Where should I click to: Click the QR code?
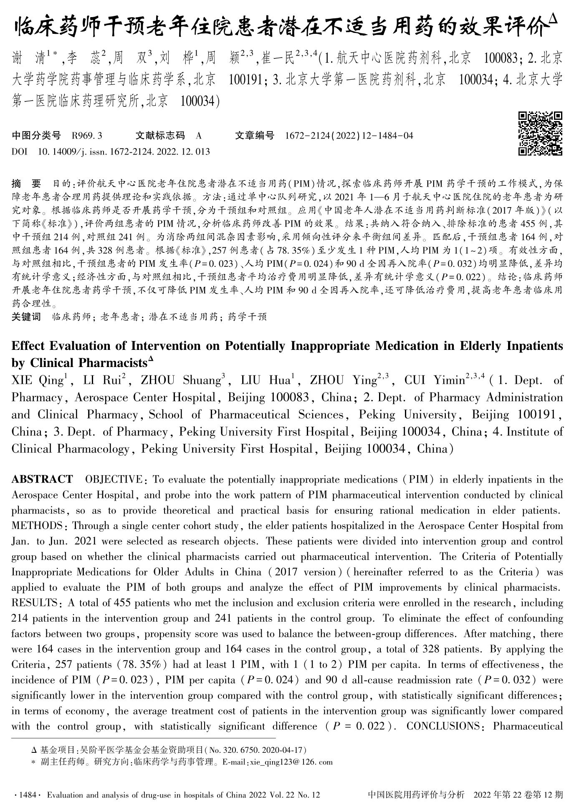[x=540, y=134]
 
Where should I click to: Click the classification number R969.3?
[x=87, y=136]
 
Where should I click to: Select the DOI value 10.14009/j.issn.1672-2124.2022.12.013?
[x=124, y=152]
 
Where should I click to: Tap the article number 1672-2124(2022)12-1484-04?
[x=349, y=136]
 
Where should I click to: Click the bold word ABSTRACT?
[x=42, y=479]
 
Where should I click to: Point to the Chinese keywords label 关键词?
[x=26, y=317]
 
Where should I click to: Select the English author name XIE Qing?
[x=38, y=380]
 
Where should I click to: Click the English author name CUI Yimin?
[x=434, y=380]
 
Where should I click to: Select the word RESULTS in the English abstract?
[x=35, y=603]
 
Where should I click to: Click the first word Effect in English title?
[x=28, y=346]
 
